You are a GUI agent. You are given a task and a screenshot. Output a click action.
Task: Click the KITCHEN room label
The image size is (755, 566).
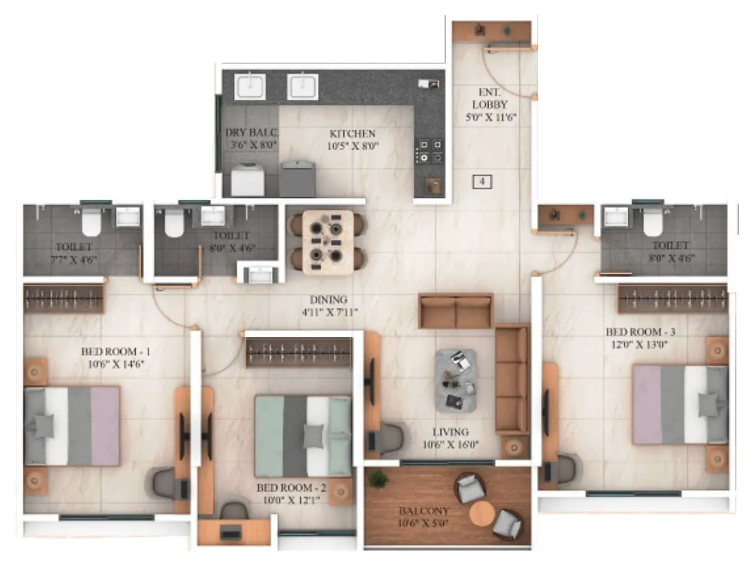pyautogui.click(x=352, y=134)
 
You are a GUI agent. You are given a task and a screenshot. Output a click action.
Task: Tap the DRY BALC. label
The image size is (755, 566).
pyautogui.click(x=252, y=133)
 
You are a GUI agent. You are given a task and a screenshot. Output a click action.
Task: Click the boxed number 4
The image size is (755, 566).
pyautogui.click(x=482, y=182)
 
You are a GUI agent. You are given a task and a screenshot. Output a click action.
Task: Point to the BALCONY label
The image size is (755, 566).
pyautogui.click(x=415, y=511)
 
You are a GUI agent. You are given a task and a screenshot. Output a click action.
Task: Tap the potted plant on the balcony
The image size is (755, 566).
pyautogui.click(x=378, y=479)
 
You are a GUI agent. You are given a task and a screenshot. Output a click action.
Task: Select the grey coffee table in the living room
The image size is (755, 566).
pyautogui.click(x=456, y=380)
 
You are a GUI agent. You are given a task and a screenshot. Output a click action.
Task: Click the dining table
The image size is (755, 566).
pyautogui.click(x=328, y=242)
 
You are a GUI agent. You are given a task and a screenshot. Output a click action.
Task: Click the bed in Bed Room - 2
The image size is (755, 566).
pyautogui.click(x=303, y=436)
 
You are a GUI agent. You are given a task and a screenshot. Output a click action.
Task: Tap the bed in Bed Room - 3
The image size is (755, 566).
pyautogui.click(x=679, y=404)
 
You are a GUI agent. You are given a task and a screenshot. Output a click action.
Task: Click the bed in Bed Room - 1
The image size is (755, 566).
pyautogui.click(x=72, y=426)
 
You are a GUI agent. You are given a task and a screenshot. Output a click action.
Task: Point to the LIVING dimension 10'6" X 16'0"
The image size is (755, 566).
pyautogui.click(x=450, y=445)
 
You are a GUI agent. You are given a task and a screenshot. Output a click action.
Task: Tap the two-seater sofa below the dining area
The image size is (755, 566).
pyautogui.click(x=456, y=311)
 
